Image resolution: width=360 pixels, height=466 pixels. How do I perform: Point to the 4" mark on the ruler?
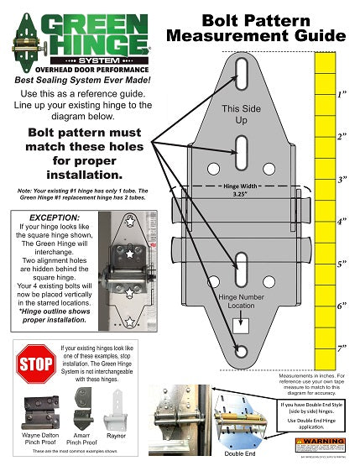point(342,223)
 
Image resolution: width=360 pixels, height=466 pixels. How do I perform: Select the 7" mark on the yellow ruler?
point(342,348)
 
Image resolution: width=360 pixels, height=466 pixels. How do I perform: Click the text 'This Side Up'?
point(241,115)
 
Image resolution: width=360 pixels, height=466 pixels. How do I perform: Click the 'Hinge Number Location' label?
point(241,302)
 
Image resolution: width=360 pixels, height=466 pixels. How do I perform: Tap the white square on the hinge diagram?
point(240,325)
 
